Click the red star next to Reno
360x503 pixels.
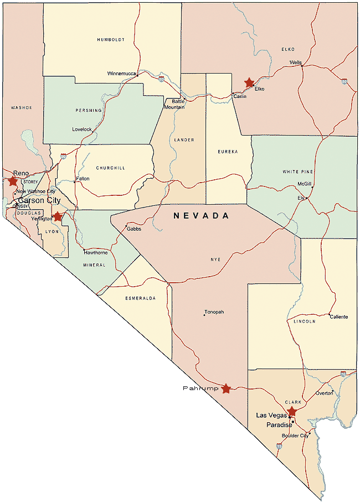click(x=12, y=181)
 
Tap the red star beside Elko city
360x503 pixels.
click(x=249, y=82)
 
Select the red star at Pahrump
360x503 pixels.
click(x=226, y=388)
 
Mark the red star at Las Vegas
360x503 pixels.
click(x=292, y=412)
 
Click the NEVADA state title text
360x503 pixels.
click(x=201, y=216)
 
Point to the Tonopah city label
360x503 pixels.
click(x=214, y=312)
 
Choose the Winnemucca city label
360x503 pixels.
click(x=121, y=73)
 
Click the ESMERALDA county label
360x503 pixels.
click(x=141, y=298)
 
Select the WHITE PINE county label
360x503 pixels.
click(x=297, y=172)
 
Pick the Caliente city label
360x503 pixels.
click(x=338, y=317)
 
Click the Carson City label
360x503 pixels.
click(x=39, y=200)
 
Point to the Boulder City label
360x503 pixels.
click(x=295, y=435)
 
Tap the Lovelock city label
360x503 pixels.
click(x=82, y=129)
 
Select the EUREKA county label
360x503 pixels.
click(x=227, y=151)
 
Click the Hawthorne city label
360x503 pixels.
click(x=96, y=252)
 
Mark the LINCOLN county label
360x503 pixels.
click(x=305, y=321)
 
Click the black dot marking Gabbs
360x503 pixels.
click(x=126, y=225)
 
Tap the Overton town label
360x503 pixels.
click(x=325, y=393)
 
